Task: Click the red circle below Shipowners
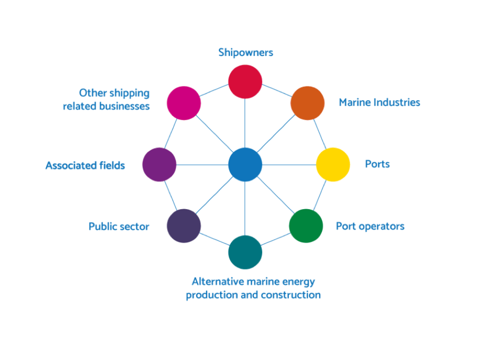pos(245,81)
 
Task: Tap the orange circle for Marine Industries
pos(307,103)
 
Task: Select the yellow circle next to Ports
pos(333,164)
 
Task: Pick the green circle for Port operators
pos(306,226)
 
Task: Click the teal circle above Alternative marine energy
pos(245,252)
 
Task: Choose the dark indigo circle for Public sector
pos(184,226)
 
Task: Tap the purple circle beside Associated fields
pos(159,164)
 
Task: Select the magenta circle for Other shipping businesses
pos(184,103)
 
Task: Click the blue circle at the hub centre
pos(245,164)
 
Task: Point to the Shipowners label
pos(246,52)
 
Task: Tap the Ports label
pos(377,164)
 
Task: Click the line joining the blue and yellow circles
pos(289,164)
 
